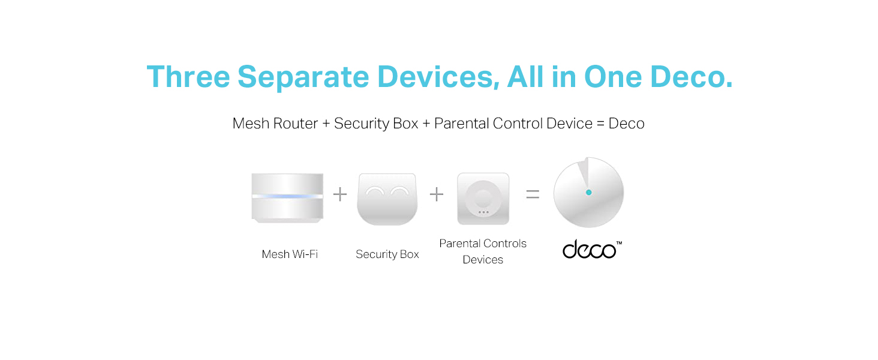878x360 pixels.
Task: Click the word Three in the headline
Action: [x=188, y=76]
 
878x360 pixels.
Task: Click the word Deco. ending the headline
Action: [x=691, y=76]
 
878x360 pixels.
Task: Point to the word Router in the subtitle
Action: [x=295, y=124]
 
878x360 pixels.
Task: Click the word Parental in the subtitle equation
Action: [x=461, y=124]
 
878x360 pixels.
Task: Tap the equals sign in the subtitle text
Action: [x=600, y=124]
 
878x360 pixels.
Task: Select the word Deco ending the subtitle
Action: [x=626, y=124]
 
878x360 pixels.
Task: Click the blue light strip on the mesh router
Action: [x=287, y=196]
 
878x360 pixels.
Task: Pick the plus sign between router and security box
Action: [x=340, y=194]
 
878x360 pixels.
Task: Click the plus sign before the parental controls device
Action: [x=436, y=194]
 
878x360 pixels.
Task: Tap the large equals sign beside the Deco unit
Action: [x=533, y=194]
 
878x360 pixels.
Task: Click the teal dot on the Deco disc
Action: [x=588, y=193]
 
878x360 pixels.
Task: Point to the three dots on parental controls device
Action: [x=483, y=212]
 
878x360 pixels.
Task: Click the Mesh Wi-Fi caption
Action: [x=290, y=254]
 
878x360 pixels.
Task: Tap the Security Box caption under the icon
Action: [x=387, y=254]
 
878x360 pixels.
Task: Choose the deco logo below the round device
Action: [x=589, y=250]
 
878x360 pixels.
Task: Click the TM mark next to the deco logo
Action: [x=619, y=243]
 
